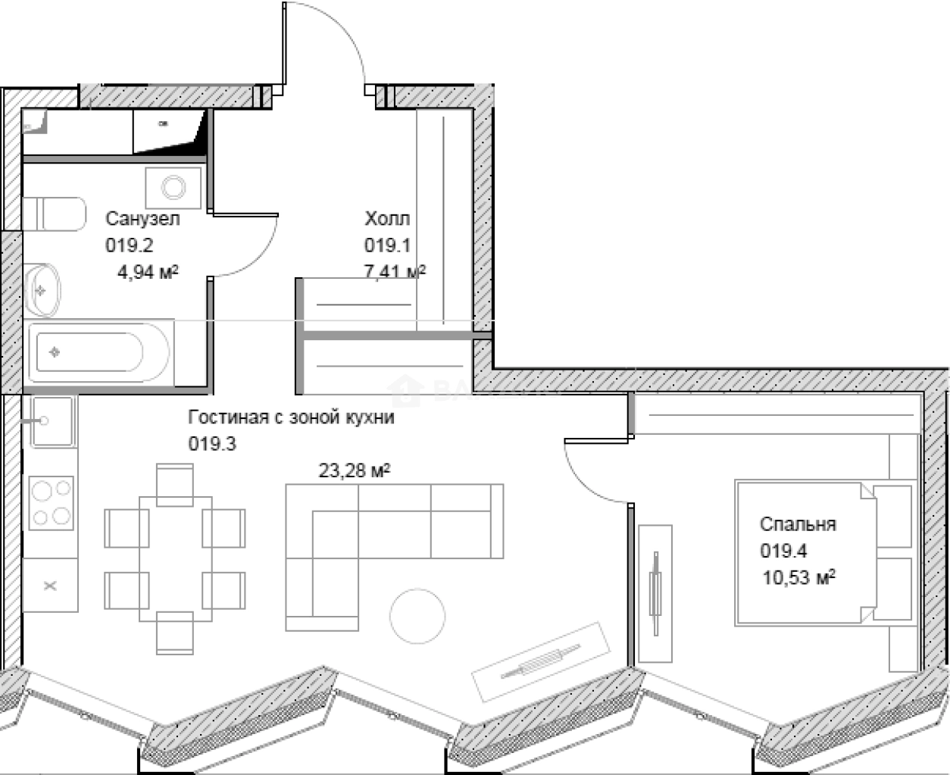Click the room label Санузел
[142, 219]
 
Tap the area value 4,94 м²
[148, 272]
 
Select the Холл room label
[387, 219]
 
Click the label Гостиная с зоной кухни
[291, 417]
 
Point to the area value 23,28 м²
[354, 471]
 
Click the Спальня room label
[798, 524]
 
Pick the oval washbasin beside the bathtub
[42, 290]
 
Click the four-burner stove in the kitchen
[52, 503]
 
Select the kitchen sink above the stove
[50, 421]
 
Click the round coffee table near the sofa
[417, 615]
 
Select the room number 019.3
[212, 444]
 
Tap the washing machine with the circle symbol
[173, 187]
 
